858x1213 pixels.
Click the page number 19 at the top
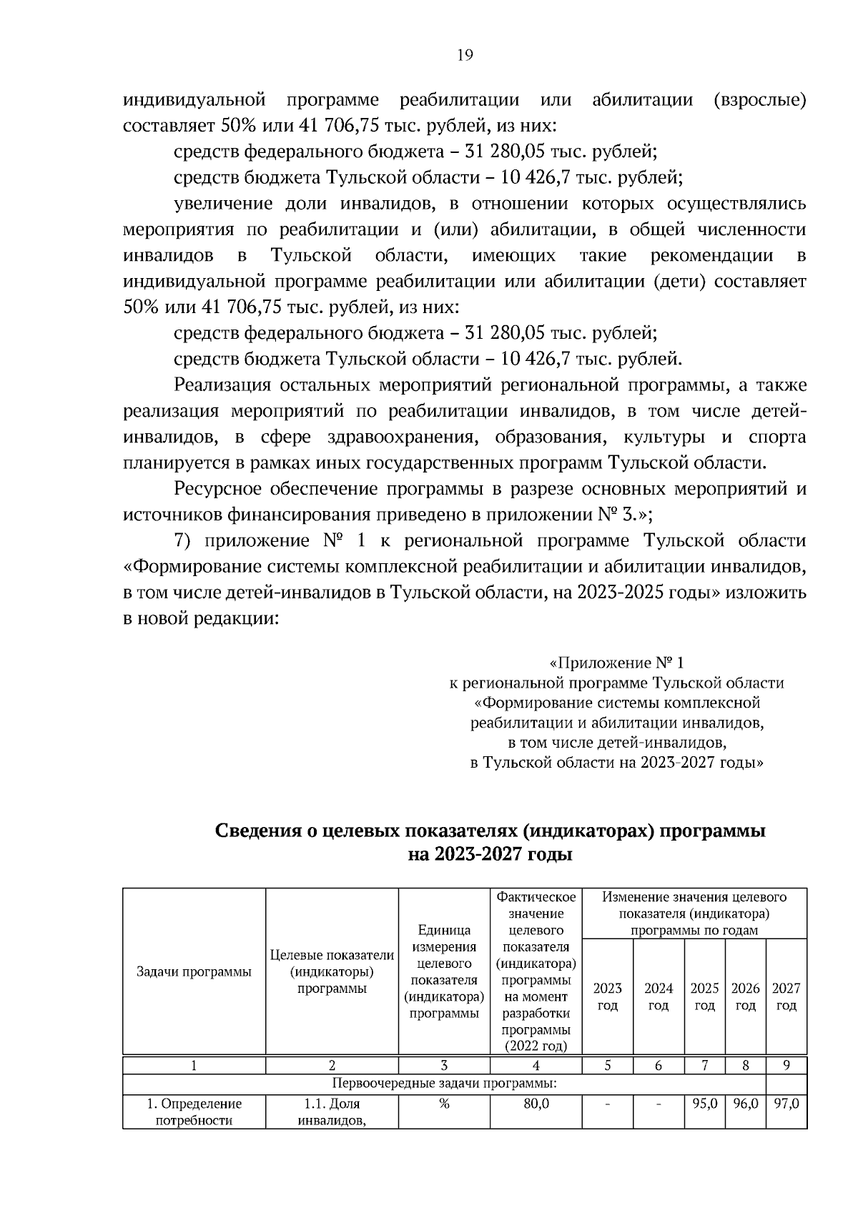click(465, 56)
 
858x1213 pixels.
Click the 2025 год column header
click(704, 996)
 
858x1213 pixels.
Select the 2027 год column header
click(786, 996)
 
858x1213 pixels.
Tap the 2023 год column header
click(607, 996)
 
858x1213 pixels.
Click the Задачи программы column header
click(194, 971)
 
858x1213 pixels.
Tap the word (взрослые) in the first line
click(760, 100)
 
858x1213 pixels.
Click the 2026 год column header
click(745, 996)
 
